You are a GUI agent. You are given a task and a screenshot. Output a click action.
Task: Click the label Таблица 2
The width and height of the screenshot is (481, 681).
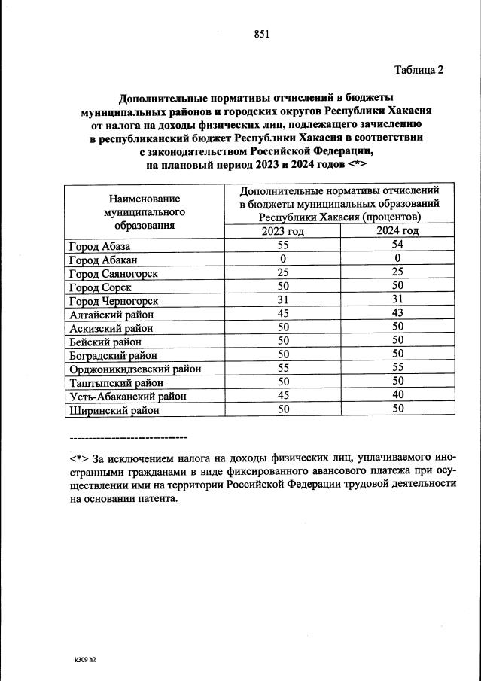click(419, 70)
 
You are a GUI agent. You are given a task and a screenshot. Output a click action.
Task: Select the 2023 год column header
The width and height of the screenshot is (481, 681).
click(282, 231)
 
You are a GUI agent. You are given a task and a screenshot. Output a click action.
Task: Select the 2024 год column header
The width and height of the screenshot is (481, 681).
click(397, 231)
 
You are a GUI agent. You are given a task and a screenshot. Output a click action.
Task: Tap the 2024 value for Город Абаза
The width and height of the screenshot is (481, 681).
click(397, 245)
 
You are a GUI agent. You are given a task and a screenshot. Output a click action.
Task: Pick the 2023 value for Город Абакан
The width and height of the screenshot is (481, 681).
click(282, 259)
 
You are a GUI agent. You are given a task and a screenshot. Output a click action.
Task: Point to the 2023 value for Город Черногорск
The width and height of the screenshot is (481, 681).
click(282, 300)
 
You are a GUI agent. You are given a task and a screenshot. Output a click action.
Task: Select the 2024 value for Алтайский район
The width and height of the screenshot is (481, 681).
click(397, 314)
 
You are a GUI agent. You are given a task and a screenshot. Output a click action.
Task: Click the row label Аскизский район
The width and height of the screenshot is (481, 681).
click(111, 328)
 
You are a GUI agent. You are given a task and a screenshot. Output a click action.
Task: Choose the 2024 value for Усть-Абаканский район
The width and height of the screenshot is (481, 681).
click(397, 396)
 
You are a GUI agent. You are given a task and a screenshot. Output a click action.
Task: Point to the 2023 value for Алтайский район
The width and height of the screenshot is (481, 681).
click(282, 314)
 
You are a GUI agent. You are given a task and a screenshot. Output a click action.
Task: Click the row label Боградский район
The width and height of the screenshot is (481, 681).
click(113, 355)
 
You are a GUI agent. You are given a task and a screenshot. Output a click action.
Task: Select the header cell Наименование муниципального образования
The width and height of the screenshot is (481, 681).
click(145, 211)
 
